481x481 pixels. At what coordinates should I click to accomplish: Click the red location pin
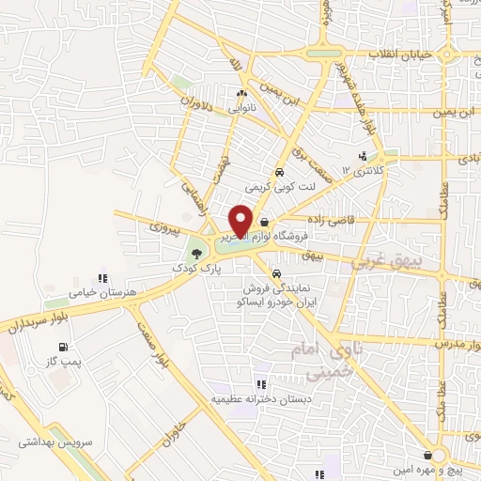(240, 220)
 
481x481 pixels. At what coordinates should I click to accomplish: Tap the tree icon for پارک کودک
(194, 251)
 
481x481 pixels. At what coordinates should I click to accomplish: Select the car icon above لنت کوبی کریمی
(280, 173)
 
